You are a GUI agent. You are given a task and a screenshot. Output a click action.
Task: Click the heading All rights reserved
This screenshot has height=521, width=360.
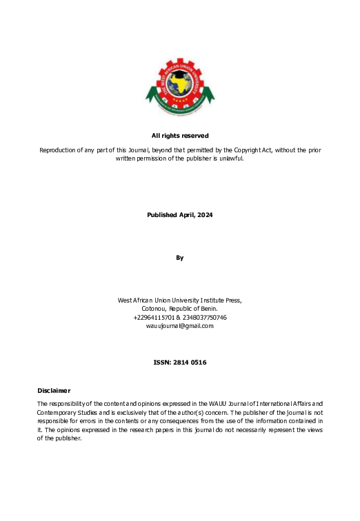(x=180, y=136)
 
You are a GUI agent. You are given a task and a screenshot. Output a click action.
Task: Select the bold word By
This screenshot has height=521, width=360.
(x=180, y=258)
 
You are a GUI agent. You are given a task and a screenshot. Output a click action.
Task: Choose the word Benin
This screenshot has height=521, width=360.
(x=208, y=309)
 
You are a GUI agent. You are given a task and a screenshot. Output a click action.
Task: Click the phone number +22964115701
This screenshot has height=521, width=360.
(x=154, y=318)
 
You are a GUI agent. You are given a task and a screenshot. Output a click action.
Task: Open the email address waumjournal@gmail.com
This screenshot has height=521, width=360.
(x=180, y=326)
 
